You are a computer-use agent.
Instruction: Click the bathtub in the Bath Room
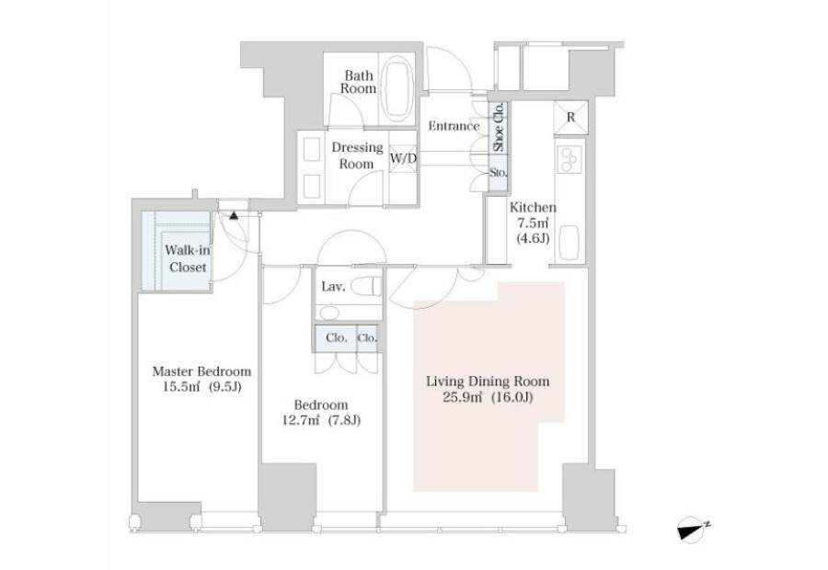(397, 90)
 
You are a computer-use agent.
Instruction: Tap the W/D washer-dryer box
(403, 158)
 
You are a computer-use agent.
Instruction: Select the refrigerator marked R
(570, 117)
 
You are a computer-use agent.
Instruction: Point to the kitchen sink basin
(569, 243)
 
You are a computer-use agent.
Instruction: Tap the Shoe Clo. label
(499, 127)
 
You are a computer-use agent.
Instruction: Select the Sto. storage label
(499, 172)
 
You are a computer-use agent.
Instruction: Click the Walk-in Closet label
(188, 258)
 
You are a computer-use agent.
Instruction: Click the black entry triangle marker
(234, 215)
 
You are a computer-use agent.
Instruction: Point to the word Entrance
(454, 126)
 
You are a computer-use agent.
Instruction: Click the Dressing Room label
(357, 155)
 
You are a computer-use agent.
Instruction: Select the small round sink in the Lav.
(329, 313)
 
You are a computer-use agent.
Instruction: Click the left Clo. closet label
(337, 337)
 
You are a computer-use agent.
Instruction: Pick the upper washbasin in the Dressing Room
(312, 148)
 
